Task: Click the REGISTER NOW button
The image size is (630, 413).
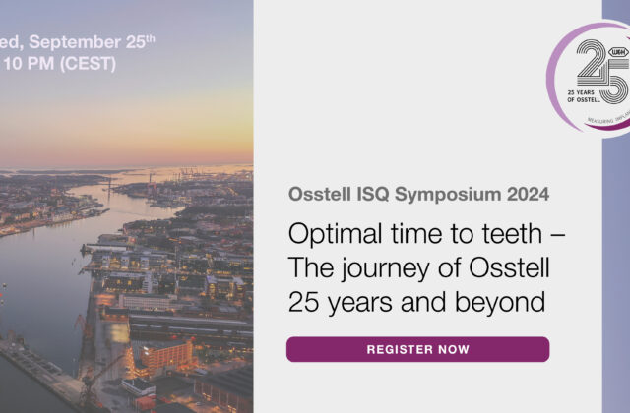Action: click(x=417, y=349)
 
